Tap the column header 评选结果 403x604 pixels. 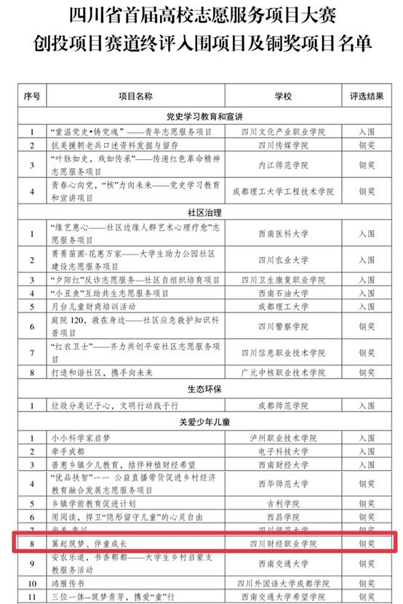[x=367, y=95]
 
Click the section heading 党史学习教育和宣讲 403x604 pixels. [x=204, y=116]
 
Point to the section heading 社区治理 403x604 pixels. [x=204, y=213]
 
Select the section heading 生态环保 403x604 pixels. [x=204, y=389]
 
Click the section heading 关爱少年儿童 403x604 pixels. [x=204, y=421]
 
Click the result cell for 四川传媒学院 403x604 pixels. [x=367, y=145]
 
